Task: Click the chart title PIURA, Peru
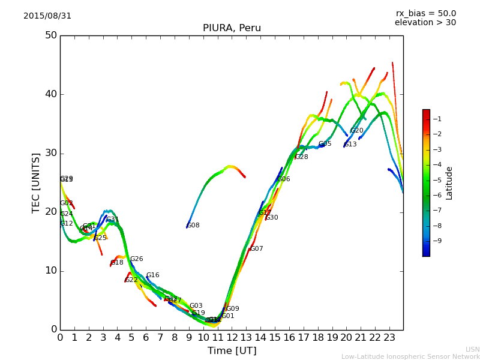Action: pos(232,28)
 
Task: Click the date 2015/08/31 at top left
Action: pos(47,16)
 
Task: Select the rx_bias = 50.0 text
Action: pos(425,14)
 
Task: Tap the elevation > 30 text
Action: pos(425,23)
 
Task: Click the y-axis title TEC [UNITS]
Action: pos(37,182)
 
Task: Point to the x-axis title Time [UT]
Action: pos(232,351)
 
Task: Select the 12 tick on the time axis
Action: pos(232,337)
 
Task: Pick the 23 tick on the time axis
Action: pos(389,337)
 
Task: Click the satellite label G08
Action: pos(193,226)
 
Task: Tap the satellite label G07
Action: pos(257,249)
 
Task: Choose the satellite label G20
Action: pos(357,131)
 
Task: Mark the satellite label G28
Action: pos(302,157)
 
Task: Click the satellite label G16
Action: pos(153,276)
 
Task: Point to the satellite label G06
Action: pos(284,179)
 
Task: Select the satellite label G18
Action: pos(117,263)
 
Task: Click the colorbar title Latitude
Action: pos(449,183)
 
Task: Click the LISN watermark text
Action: pos(473,349)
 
